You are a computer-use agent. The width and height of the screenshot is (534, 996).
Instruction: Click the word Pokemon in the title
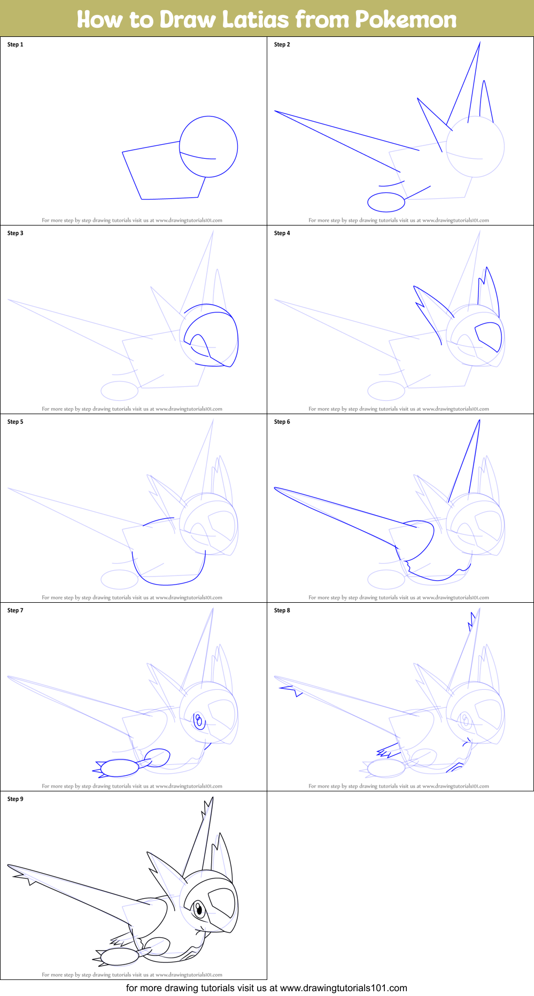[406, 20]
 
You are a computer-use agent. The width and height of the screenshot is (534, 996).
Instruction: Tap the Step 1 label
[16, 44]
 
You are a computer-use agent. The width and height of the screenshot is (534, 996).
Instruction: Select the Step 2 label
[282, 44]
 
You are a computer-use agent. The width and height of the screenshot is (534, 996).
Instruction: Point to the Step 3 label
[16, 233]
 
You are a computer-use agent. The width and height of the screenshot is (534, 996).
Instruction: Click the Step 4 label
[282, 233]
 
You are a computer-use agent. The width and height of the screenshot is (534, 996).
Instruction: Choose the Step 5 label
[16, 422]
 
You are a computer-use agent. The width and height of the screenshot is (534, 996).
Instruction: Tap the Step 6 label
[282, 422]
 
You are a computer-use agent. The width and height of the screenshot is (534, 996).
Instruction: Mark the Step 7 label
[16, 610]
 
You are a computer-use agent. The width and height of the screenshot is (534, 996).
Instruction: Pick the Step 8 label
[282, 610]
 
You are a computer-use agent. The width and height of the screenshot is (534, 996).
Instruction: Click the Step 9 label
[16, 799]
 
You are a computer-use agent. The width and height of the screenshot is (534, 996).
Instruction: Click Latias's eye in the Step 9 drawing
[198, 908]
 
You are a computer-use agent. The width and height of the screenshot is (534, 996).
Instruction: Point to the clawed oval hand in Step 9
[119, 956]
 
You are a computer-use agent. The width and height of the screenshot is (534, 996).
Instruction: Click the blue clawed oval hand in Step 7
[119, 768]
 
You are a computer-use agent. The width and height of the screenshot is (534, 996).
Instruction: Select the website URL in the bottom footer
[343, 988]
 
